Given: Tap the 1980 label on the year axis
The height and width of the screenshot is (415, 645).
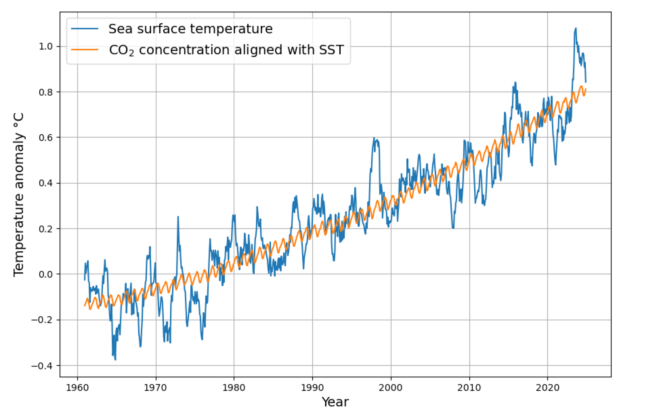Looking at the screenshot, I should (x=234, y=388).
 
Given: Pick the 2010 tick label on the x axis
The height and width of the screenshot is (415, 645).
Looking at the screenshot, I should (x=469, y=388).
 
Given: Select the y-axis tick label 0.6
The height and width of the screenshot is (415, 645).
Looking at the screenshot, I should (x=46, y=138).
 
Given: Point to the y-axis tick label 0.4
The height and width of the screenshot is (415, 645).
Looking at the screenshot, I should (x=46, y=183).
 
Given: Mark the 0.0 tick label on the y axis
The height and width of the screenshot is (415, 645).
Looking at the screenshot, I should (x=46, y=274).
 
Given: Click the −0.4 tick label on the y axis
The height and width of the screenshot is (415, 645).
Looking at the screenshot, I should (x=42, y=366).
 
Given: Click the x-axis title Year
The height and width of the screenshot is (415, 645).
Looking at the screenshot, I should (x=335, y=402).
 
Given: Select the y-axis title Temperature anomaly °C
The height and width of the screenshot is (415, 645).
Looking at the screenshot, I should (x=19, y=195).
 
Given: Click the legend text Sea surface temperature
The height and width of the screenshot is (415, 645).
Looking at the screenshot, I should (x=190, y=29).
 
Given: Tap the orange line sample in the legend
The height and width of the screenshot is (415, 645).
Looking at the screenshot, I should (x=85, y=50).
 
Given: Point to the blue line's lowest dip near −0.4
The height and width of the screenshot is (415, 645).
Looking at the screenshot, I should (x=115, y=360).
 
